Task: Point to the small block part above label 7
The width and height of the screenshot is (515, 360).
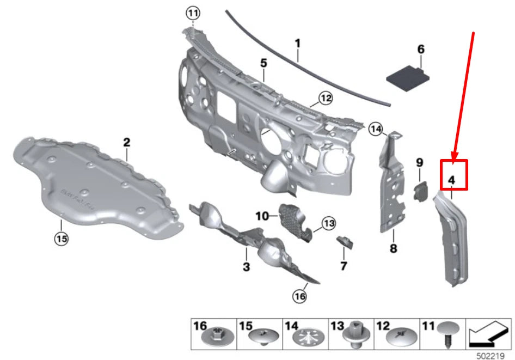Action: (x=344, y=241)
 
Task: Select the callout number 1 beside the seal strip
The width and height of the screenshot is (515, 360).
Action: (x=298, y=42)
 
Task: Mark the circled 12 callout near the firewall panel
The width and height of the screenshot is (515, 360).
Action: (x=325, y=99)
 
